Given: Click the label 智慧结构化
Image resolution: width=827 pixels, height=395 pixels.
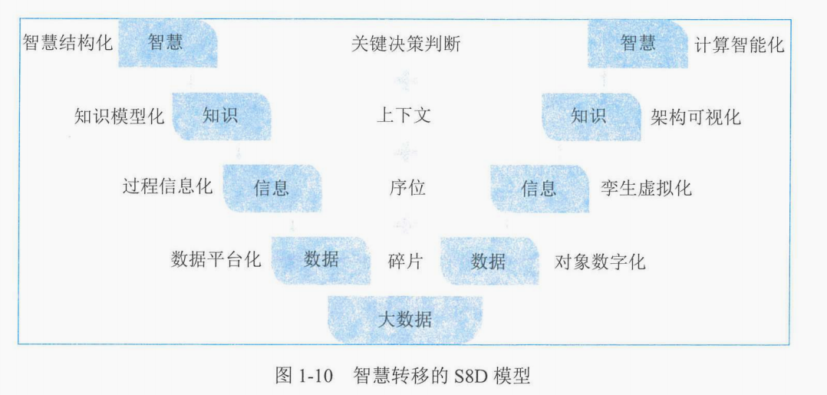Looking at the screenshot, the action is (x=68, y=42).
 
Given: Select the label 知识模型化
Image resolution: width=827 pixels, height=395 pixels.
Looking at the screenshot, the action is (x=119, y=117).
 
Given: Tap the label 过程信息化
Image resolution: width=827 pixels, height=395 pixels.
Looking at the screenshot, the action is (x=168, y=188).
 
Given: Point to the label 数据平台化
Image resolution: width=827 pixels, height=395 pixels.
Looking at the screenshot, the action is (x=216, y=259).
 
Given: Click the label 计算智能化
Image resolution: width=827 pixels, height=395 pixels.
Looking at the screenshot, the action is (x=740, y=44).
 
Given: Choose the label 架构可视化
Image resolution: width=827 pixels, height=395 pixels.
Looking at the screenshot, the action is (x=696, y=117).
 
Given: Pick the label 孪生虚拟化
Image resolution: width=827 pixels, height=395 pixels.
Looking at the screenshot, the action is (x=647, y=188).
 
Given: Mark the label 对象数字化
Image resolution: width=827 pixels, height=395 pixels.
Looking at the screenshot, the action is (x=600, y=262).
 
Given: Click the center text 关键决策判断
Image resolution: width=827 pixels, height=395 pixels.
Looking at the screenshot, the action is (x=406, y=43).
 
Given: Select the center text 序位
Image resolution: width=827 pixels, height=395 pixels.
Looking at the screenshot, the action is (x=407, y=188).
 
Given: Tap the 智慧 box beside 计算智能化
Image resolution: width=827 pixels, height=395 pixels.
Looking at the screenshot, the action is (x=638, y=43).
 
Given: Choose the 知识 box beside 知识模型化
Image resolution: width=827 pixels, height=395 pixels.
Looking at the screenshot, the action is (x=221, y=117).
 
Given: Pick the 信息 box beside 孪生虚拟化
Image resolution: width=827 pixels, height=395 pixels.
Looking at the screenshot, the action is (x=539, y=188).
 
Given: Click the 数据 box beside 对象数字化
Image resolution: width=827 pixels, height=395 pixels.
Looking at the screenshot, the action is (x=489, y=261).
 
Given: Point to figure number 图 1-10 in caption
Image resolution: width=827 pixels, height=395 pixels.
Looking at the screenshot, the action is (x=304, y=377).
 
